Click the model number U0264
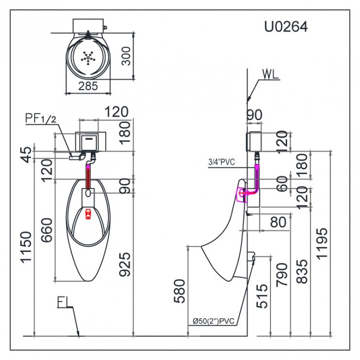coord(286,27)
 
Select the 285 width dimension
coord(88,86)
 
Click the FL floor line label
coord(64,303)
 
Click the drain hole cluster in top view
coord(88,58)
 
